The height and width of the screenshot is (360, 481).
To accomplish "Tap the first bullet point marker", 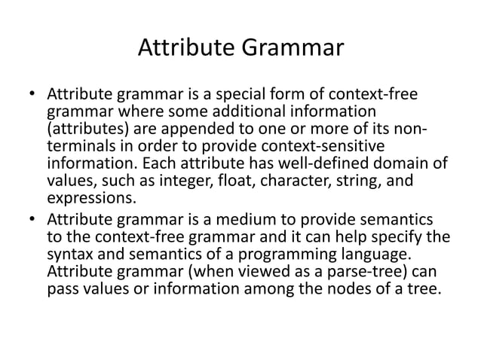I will pyautogui.click(x=32, y=96).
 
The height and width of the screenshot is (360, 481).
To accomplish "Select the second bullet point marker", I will pyautogui.click(x=32, y=220).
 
